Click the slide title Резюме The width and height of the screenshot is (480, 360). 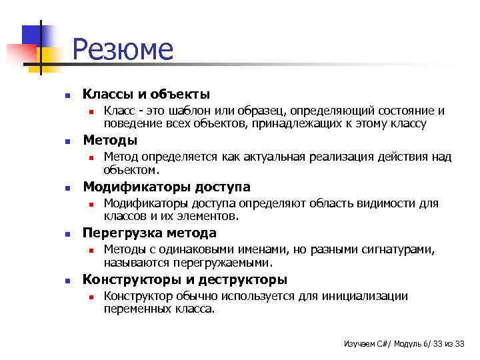[123, 50]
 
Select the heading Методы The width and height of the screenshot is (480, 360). [110, 140]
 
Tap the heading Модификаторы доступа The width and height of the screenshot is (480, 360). [166, 187]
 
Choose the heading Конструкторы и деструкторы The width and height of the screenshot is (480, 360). [185, 279]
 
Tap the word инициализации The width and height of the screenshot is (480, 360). [369, 296]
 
